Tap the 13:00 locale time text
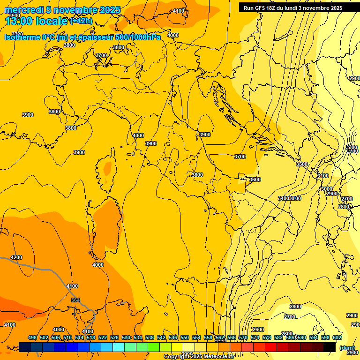point(36,21)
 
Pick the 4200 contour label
point(16,257)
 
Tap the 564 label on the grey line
point(75,300)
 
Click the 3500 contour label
point(302,164)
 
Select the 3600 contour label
point(255,180)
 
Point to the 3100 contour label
point(322,176)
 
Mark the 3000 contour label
point(326,188)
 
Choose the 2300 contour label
point(352,147)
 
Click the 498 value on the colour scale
point(32,337)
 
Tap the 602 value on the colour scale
point(337,337)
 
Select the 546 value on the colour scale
point(173,337)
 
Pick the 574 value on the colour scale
point(255,337)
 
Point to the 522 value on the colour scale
point(103,337)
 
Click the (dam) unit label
point(347,347)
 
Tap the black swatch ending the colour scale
point(330,347)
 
